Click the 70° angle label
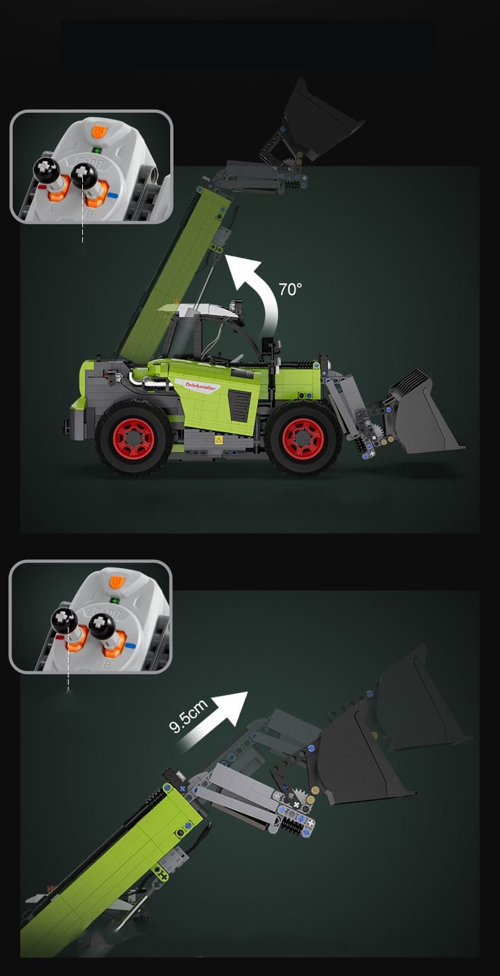click(x=290, y=289)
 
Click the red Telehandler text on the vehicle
click(x=200, y=386)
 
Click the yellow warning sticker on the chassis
click(x=218, y=440)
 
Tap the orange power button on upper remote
click(x=98, y=131)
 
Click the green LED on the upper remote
click(x=96, y=151)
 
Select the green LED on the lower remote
click(x=115, y=600)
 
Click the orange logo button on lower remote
click(x=116, y=581)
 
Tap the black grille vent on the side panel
click(x=240, y=406)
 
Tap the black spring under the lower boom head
click(x=292, y=824)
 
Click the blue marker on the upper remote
click(x=113, y=196)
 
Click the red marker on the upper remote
click(x=42, y=187)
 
